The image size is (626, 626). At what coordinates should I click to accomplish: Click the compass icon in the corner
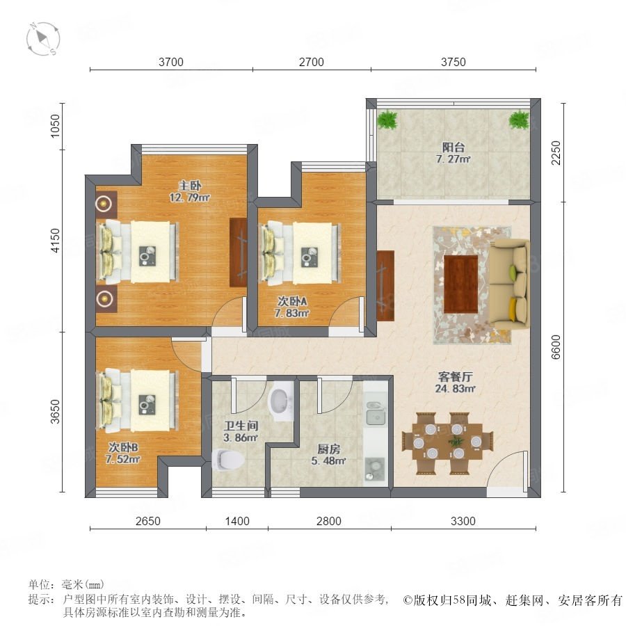coord(43,39)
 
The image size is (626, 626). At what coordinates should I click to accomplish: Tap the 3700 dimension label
coord(171,62)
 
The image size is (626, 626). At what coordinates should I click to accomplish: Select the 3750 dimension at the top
coord(453,62)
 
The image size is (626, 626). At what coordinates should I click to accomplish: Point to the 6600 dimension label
coord(556,347)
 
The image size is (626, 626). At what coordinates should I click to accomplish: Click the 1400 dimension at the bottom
coord(237,521)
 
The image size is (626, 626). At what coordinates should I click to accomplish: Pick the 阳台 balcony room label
coord(453,147)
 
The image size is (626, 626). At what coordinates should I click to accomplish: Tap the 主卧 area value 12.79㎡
coord(190,198)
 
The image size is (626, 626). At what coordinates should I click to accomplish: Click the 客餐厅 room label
coord(455,376)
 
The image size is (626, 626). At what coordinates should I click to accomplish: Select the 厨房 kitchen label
coord(328,449)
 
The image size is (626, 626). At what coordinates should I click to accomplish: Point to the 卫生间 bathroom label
coord(241,426)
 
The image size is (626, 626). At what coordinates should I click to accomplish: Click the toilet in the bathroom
coord(228,460)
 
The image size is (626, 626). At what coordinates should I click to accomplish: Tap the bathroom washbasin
coord(282,401)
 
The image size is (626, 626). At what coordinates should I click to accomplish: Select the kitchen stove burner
coord(375,469)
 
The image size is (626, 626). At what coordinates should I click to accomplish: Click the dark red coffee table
coord(460,284)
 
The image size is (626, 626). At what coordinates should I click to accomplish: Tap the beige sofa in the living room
coord(509,284)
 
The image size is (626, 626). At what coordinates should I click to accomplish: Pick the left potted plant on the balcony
coord(387,119)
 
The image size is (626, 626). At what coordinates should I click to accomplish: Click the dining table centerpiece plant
coord(456,442)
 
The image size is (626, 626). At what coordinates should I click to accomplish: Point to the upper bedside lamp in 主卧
coord(104,204)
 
